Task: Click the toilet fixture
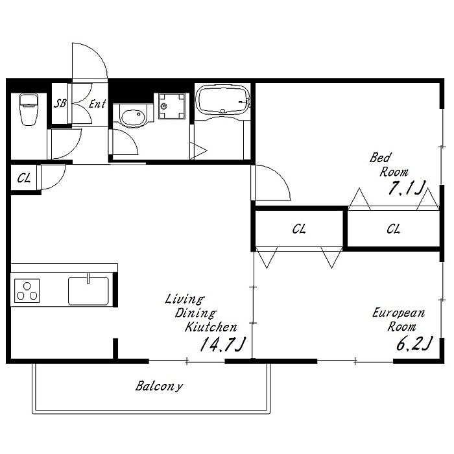pos(29,109)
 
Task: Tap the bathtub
pos(222,100)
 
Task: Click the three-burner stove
pos(27,291)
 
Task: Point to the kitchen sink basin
pos(88,291)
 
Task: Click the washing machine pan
pos(172,106)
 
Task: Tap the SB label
pos(60,103)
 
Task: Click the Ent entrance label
pos(97,104)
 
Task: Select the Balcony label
pos(160,387)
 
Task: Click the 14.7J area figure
pos(222,344)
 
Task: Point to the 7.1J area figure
pos(407,187)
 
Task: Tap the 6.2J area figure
pos(414,343)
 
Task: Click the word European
pos(398,313)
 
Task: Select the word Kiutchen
pos(211,327)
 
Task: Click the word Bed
pos(380,158)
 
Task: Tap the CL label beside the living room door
pos(24,178)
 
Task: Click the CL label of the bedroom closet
pos(393,229)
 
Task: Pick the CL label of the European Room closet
pos(299,229)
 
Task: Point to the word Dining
pos(195,313)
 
